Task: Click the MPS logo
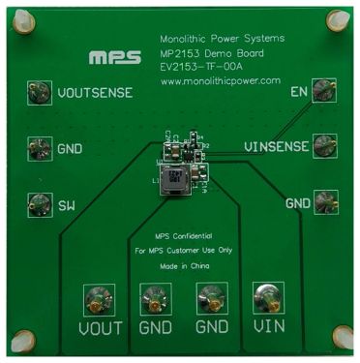114,57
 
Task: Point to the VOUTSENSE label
95,94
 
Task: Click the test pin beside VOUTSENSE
39,94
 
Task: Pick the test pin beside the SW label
38,203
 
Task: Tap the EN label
299,94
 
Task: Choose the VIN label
266,328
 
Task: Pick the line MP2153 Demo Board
207,52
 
